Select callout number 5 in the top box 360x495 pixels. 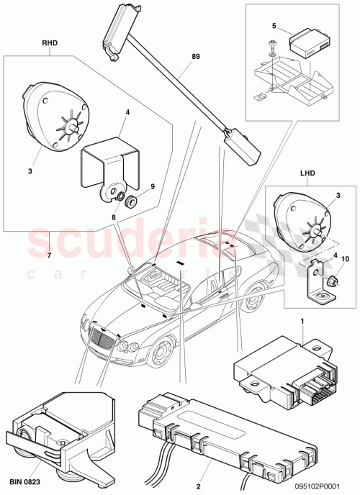coord(273,26)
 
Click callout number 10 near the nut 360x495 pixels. coord(345,258)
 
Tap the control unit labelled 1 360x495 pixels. coord(284,367)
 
